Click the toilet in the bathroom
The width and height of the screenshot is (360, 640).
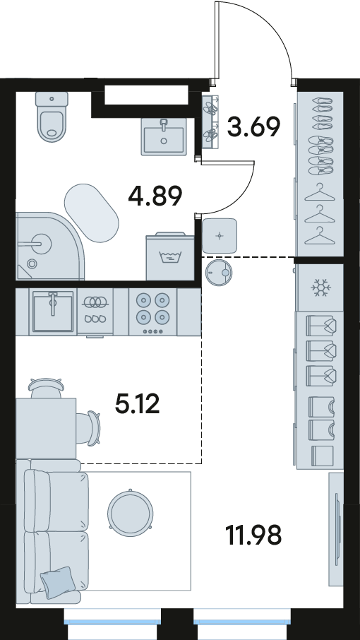coord(52,117)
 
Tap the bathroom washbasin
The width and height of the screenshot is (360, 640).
coord(164,136)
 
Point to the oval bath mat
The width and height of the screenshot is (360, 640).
coord(91,213)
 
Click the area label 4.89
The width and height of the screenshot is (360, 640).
coord(155,196)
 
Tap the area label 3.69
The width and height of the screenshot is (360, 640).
coord(253,126)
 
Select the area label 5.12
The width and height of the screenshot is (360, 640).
coord(137,404)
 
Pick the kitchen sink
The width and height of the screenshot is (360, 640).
coord(53,312)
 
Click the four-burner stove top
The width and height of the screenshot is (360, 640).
coord(153,312)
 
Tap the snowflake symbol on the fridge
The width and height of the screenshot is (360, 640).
coord(320,288)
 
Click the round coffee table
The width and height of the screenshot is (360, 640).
coord(131,510)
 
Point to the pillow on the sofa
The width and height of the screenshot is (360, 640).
coord(57,583)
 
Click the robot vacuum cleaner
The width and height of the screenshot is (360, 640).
coord(219,272)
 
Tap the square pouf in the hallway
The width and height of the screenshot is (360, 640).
coord(220,235)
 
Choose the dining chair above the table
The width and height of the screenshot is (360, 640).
coord(47,388)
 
